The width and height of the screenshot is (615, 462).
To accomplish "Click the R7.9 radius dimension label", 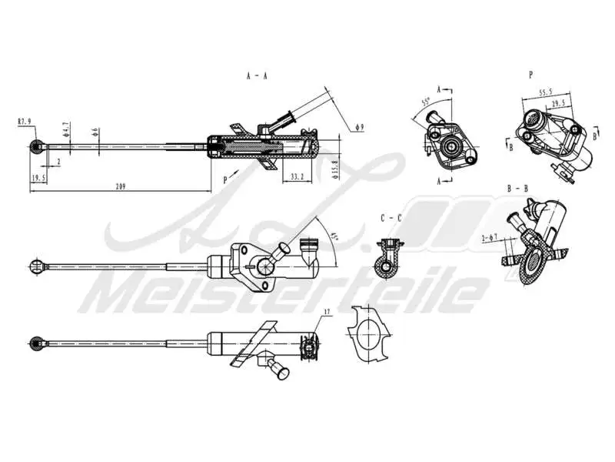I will pos(25,121).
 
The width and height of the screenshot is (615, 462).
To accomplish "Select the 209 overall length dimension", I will pos(121,186).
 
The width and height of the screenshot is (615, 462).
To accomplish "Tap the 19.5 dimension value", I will pos(38,178).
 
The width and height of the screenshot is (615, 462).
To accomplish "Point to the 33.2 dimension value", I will pos(298,177).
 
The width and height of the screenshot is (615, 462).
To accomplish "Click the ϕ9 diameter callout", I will pos(360,126).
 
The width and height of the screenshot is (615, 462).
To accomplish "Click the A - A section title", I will pos(256,76).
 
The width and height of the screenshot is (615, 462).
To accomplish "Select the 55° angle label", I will pos(425,102).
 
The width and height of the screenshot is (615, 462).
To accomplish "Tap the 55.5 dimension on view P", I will pos(546,92).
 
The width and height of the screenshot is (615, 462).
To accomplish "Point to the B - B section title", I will pos(517,189).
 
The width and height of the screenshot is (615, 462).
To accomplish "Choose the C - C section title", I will pos(391,218).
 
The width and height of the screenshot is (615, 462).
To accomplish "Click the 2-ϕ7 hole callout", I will pos(490,239).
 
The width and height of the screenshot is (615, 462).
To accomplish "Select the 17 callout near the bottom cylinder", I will pos(327,313).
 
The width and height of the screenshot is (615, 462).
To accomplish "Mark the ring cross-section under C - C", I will pos(384,264).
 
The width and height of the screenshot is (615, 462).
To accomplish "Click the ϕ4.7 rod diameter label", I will pos(67,129).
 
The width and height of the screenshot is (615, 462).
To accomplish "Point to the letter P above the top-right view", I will pos(531,75).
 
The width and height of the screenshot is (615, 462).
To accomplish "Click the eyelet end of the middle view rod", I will pos(35,266).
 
